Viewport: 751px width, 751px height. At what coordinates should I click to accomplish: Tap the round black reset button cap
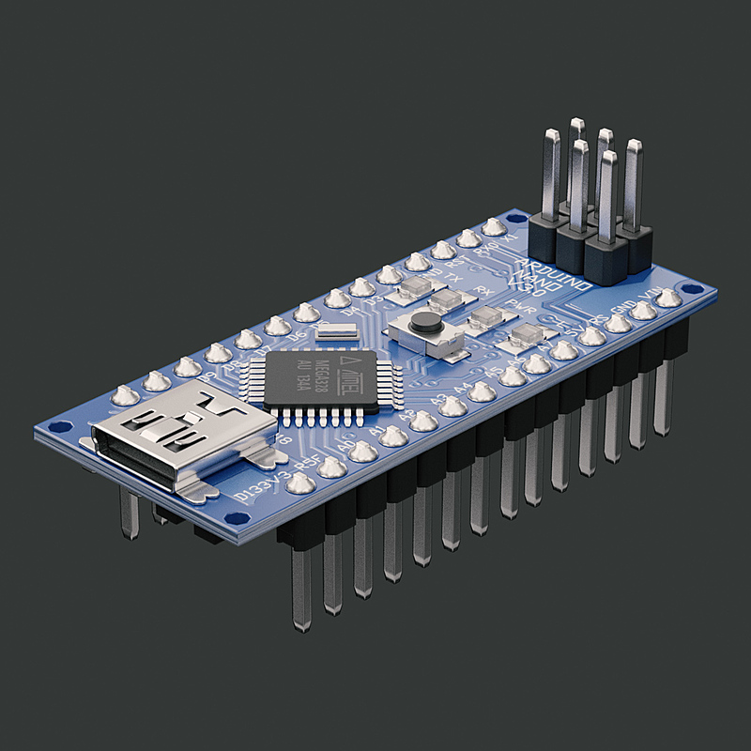[426, 323]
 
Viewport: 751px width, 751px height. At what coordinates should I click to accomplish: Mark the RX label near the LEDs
[484, 290]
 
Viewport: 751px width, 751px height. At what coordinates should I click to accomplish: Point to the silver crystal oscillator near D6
[337, 330]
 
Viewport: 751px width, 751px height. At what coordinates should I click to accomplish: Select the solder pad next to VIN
[667, 299]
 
